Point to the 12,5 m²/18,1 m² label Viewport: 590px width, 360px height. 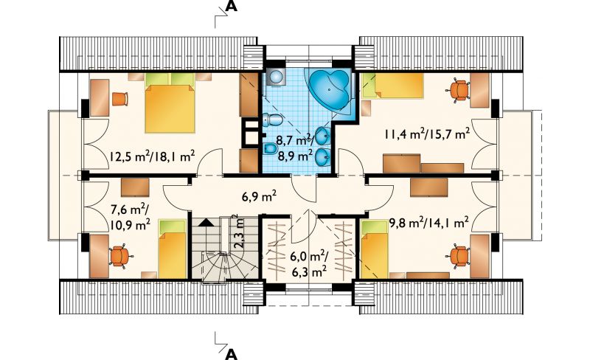coord(152,156)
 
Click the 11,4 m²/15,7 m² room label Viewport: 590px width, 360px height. coord(427,134)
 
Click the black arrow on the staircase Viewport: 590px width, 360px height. coord(205,222)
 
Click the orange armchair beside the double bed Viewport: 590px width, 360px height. coord(120,99)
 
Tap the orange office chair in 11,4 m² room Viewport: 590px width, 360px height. coord(458,91)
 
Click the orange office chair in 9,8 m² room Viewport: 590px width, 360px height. coord(458,256)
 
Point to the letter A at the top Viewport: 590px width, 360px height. coord(232,6)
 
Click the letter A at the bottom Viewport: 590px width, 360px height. coord(232,354)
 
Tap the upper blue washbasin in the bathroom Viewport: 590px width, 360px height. coord(323,136)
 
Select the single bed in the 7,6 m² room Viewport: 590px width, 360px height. coord(173,249)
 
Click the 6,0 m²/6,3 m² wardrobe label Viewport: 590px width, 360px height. coord(308,264)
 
